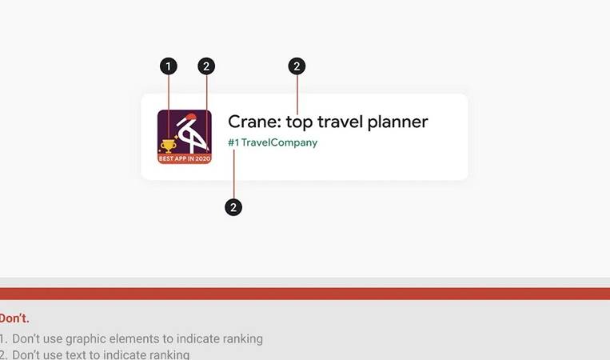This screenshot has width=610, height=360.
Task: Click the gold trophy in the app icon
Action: [x=168, y=146]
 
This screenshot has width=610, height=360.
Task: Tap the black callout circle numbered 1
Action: [x=169, y=66]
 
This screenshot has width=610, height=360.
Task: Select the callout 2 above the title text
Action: [x=297, y=66]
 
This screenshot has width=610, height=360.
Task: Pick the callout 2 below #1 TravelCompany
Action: [x=233, y=207]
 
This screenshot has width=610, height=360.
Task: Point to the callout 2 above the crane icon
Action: [x=206, y=66]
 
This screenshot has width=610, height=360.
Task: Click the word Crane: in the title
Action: [x=254, y=122]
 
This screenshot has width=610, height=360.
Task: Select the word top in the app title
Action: [x=299, y=123]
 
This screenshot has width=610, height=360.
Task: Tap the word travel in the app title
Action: [x=340, y=122]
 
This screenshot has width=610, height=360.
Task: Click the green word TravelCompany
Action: [x=279, y=143]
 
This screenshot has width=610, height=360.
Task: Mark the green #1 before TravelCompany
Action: [x=233, y=142]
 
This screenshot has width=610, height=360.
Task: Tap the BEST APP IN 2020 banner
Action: [x=185, y=158]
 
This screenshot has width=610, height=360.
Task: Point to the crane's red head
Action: [x=191, y=116]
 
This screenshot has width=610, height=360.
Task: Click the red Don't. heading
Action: [x=14, y=318]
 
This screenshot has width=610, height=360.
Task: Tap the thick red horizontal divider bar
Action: [x=305, y=294]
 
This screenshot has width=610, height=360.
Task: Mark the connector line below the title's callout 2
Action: [x=297, y=94]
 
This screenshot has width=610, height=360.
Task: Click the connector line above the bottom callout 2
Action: [x=233, y=174]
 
